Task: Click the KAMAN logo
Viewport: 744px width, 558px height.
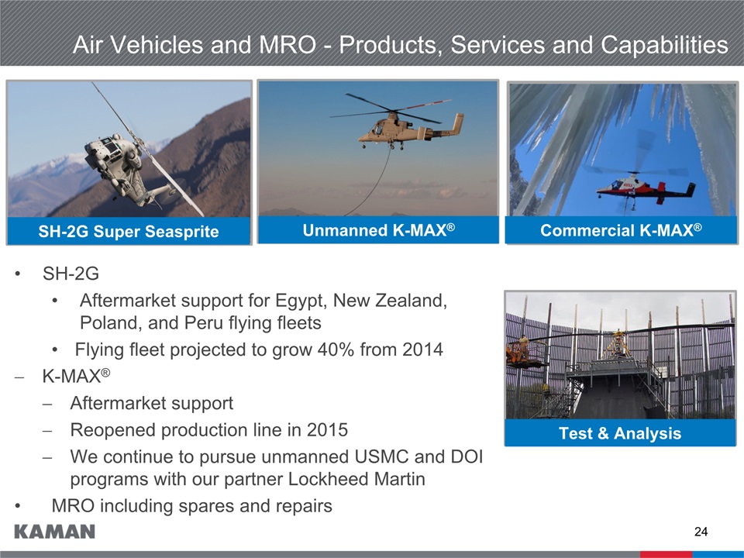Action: [54, 532]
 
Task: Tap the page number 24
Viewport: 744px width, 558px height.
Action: [701, 532]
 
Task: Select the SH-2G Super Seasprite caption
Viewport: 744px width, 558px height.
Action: [129, 232]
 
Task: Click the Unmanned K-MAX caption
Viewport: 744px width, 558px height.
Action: [379, 230]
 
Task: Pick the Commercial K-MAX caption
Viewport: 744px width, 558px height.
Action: [621, 230]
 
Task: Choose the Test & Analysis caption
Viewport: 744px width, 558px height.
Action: [620, 433]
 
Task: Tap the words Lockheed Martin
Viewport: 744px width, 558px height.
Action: [356, 479]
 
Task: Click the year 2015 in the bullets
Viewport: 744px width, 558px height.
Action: [327, 430]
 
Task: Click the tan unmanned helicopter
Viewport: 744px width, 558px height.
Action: [411, 129]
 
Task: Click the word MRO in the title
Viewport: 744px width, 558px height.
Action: [288, 45]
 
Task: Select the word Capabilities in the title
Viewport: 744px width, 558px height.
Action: [664, 46]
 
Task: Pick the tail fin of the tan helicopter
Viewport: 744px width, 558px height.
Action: [457, 124]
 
